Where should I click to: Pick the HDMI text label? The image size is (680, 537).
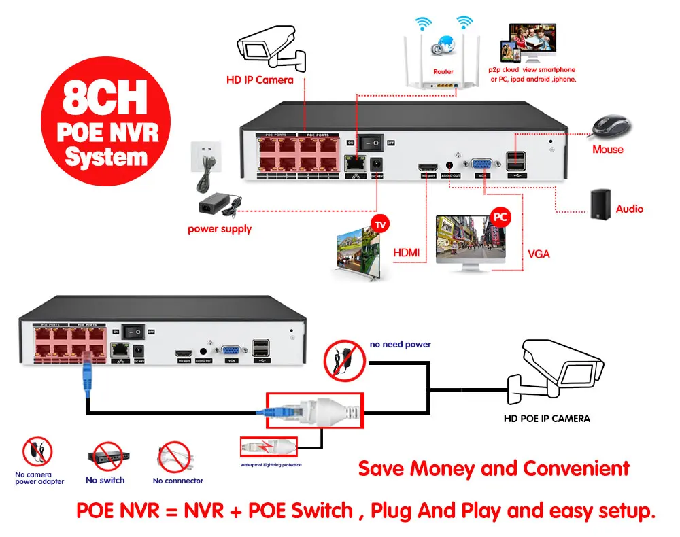pos(407,254)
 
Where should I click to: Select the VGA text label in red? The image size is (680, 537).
pos(539,254)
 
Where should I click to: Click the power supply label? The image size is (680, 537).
pos(220,229)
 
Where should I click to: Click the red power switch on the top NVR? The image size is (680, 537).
pos(371,143)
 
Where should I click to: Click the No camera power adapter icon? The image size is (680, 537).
pos(38,453)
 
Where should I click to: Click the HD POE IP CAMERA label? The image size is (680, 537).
pos(547,419)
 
